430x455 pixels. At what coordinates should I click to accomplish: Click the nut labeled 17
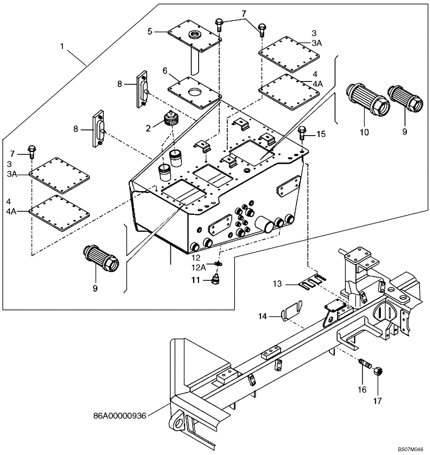378,372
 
